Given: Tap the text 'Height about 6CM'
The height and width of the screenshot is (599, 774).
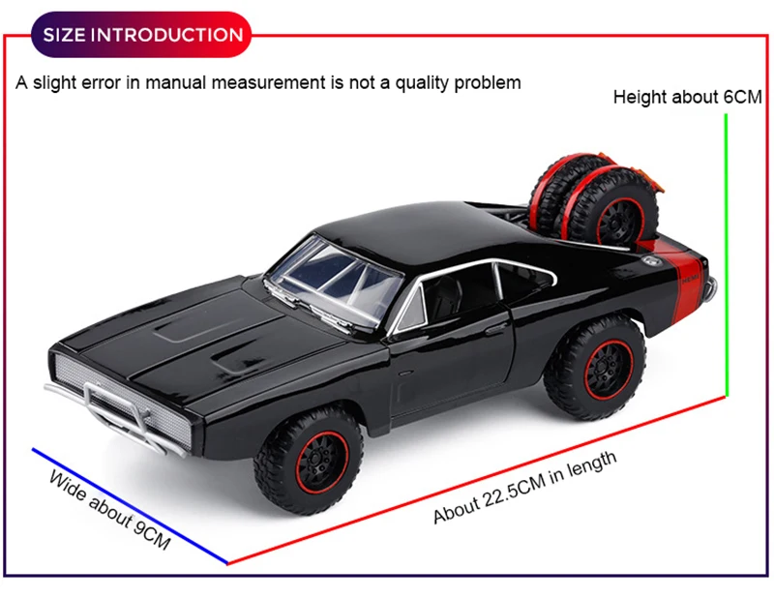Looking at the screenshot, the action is pos(688,98).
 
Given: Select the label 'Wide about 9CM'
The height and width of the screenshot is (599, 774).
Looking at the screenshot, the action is pos(109,511).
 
